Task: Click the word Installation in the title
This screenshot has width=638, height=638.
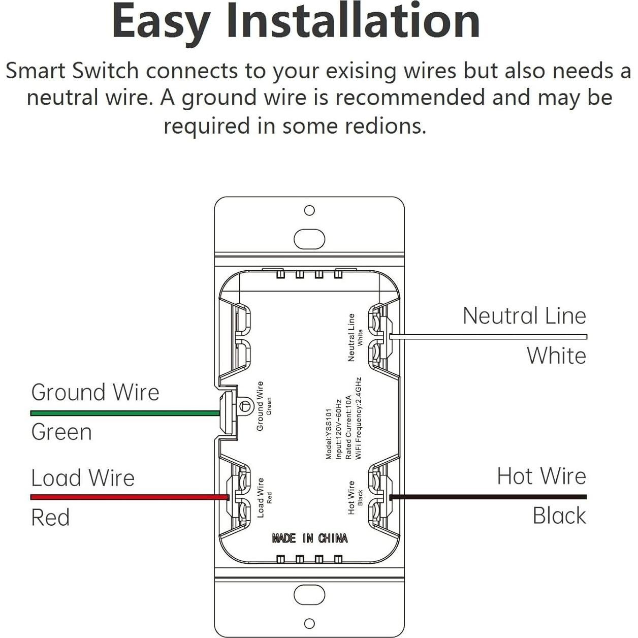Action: click(x=353, y=21)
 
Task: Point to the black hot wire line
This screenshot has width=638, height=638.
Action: click(x=488, y=497)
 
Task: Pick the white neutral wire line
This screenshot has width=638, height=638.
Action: click(x=488, y=336)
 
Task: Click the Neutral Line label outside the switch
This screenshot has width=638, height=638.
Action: click(x=524, y=316)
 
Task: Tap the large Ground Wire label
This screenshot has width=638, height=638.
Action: click(x=95, y=392)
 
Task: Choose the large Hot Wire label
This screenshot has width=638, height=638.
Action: click(x=541, y=476)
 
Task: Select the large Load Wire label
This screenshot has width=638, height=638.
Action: click(x=83, y=478)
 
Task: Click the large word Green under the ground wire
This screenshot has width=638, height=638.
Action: click(x=61, y=432)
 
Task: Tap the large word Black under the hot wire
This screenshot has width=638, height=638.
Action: click(x=559, y=516)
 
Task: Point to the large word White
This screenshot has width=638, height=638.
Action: click(x=556, y=356)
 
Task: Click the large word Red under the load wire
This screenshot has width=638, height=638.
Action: click(x=50, y=518)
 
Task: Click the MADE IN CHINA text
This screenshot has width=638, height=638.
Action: click(x=310, y=538)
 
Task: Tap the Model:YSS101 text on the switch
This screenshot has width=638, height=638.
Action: click(x=329, y=434)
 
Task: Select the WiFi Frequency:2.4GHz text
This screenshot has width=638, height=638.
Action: click(x=358, y=418)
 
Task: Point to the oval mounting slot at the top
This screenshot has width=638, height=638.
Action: click(x=309, y=239)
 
